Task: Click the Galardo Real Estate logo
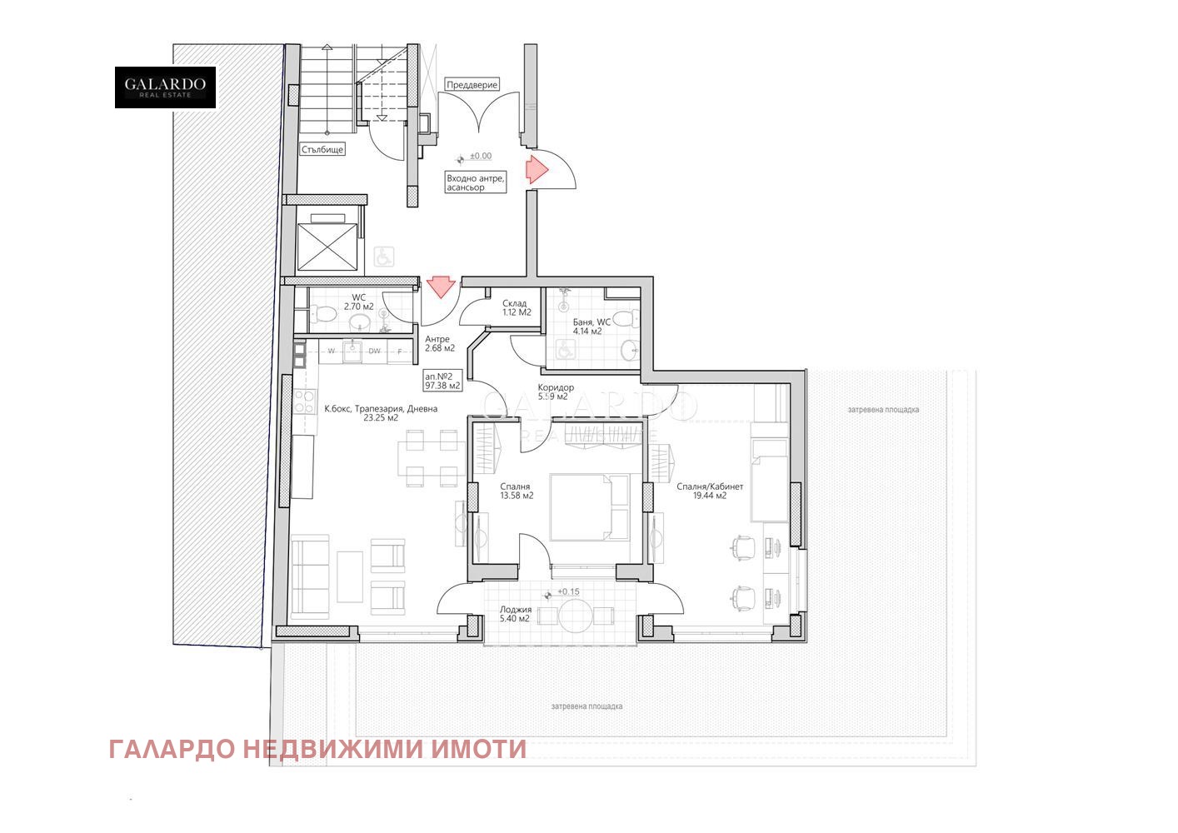point(165,87)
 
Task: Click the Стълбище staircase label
point(322,150)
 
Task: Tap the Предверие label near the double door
point(472,85)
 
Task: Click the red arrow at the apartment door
point(439,288)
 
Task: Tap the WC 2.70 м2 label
point(359,302)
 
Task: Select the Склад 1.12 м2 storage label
point(514,308)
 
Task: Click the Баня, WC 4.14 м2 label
point(591,326)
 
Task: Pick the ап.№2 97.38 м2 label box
point(442,381)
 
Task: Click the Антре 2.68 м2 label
point(439,343)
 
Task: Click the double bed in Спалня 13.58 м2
point(589,507)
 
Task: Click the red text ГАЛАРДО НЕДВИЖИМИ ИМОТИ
point(317,750)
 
